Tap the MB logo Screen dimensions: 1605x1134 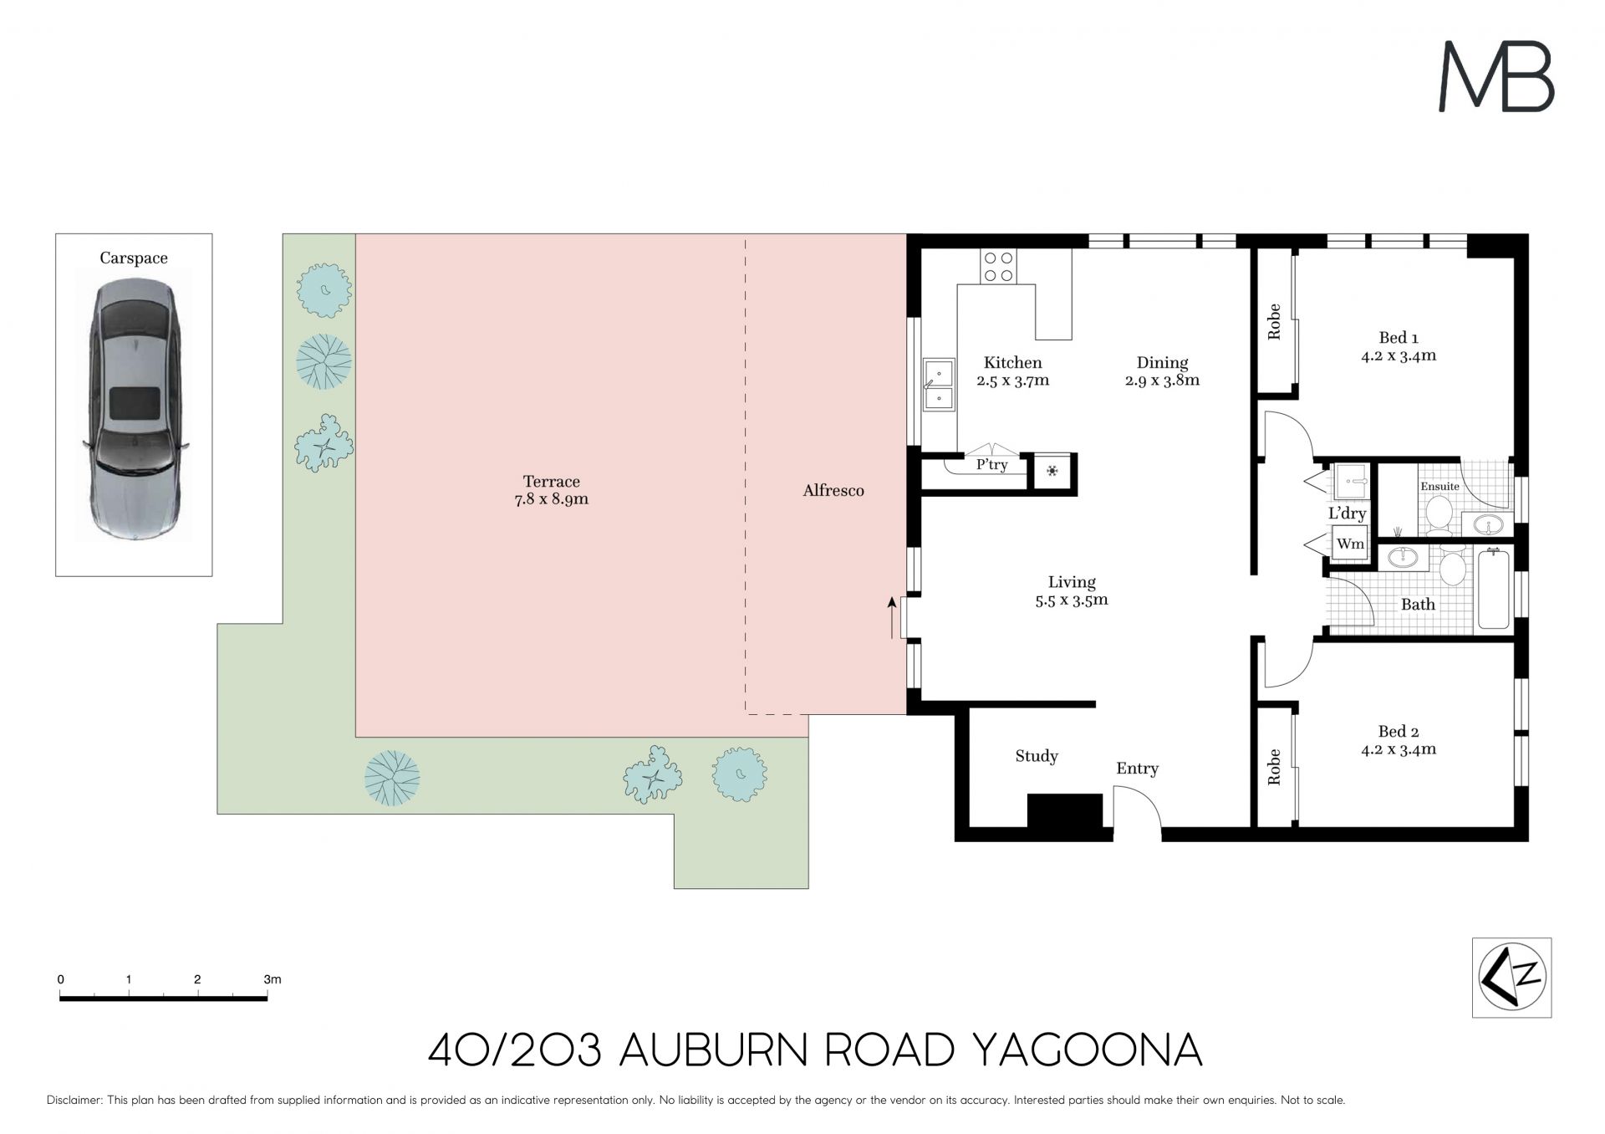1495,78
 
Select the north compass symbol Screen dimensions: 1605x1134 1511,978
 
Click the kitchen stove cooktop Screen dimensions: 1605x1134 998,267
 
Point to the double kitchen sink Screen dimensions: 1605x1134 940,385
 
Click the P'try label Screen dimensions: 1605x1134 992,465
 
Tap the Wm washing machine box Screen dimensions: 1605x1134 1350,544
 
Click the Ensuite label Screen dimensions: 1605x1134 1439,486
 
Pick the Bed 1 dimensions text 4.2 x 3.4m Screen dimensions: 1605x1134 1399,355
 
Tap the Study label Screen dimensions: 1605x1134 1037,756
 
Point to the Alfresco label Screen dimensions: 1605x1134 833,491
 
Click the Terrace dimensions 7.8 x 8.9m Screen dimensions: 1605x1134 552,500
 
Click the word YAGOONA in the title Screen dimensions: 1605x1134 1089,1050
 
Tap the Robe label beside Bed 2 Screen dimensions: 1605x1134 1274,767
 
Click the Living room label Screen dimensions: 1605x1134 1072,582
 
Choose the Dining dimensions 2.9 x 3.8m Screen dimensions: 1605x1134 1163,381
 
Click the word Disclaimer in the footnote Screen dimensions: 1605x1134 74,1101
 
